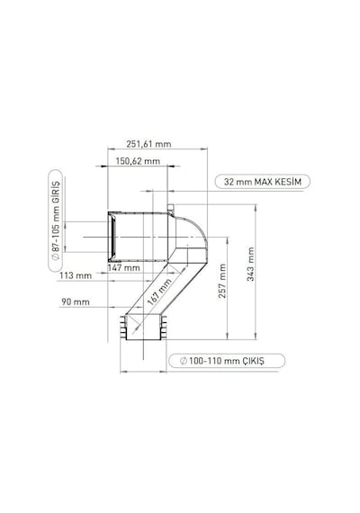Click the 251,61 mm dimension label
(x=148, y=144)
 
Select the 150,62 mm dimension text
(x=138, y=161)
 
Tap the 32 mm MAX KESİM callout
(x=263, y=182)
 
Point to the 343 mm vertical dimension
(x=251, y=264)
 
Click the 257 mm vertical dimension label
(x=222, y=281)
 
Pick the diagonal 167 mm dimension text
(x=159, y=292)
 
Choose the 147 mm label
(x=123, y=268)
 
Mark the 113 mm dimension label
(x=76, y=275)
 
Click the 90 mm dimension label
(x=76, y=302)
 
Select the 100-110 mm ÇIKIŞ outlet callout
(x=227, y=361)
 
